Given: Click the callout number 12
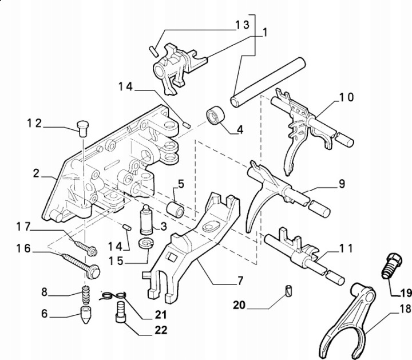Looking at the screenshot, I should point(34,123).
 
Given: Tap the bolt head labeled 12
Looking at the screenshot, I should point(81,125).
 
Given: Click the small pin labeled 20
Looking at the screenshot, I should point(289,290).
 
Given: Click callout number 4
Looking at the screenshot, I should point(239,129).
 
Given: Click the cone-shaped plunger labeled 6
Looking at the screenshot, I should point(85,314).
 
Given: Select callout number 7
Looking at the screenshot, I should point(240,281).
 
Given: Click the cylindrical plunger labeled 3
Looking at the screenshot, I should point(147,220).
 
